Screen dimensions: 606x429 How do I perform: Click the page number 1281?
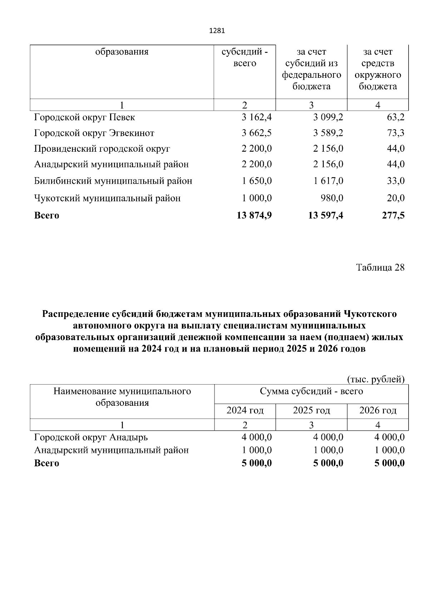click(217, 31)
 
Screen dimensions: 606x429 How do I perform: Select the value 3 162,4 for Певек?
click(256, 117)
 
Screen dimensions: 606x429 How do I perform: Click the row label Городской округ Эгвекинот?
click(94, 133)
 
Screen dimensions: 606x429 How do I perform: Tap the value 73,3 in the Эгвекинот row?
click(395, 133)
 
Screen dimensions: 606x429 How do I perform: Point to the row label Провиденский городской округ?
click(102, 149)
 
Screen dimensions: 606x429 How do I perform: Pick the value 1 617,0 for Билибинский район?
click(328, 181)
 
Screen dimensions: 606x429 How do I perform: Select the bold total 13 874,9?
click(254, 215)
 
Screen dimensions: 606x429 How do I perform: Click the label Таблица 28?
click(380, 267)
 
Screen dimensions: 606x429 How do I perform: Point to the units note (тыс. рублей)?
click(376, 379)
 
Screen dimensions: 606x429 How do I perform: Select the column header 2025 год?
click(311, 410)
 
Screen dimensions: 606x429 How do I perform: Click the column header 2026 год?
click(378, 410)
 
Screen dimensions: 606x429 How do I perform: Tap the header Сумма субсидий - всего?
click(311, 392)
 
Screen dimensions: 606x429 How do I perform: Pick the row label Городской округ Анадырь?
click(91, 437)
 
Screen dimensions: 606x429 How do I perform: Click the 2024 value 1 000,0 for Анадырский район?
click(256, 450)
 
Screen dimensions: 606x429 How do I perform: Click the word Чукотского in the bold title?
click(370, 314)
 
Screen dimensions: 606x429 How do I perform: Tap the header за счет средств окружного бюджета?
click(378, 69)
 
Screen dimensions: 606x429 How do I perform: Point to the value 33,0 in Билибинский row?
click(395, 181)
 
